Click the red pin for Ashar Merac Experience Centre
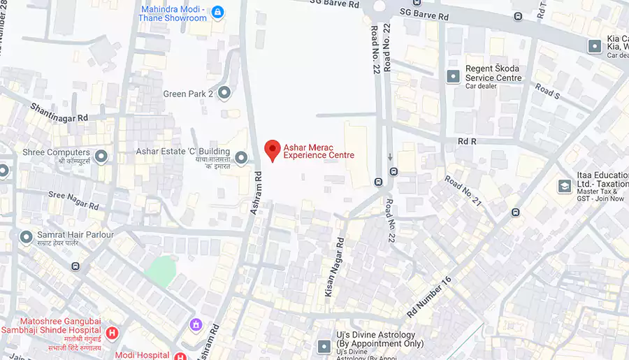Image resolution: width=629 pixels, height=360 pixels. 273,150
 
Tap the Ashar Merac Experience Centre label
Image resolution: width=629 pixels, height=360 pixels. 318,151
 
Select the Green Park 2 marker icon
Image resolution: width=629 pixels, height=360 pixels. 224,92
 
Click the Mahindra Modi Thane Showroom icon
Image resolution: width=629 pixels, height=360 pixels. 217,12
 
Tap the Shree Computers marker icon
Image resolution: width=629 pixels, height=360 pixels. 101,156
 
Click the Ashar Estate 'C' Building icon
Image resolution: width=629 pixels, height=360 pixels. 241,157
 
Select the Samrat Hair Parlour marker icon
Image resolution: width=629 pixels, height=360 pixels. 27,238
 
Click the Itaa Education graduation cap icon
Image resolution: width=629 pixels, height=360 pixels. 565,186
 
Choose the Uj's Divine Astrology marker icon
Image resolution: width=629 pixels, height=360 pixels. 324,346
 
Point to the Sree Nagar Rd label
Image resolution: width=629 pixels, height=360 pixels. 73,200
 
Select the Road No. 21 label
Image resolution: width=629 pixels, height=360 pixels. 463,190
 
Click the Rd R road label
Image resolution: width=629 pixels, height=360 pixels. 467,141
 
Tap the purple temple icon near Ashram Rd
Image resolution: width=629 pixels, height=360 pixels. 196,324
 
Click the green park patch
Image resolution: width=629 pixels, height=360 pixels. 161,270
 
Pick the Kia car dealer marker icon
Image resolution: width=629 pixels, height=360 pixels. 595,46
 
